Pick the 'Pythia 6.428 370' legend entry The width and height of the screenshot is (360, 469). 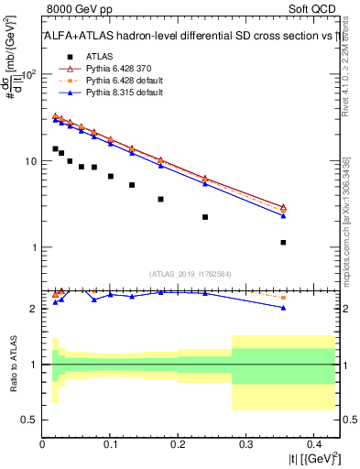[x=111, y=69]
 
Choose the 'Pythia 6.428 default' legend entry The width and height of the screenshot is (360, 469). [x=115, y=82]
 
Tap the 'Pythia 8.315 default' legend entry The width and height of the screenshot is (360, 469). [x=115, y=94]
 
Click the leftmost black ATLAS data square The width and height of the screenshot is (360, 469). [x=55, y=148]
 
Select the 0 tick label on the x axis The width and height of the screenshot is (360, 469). [x=43, y=446]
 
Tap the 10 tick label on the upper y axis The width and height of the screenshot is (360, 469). [x=27, y=161]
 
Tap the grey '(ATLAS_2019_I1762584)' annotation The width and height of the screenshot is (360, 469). [x=191, y=273]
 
